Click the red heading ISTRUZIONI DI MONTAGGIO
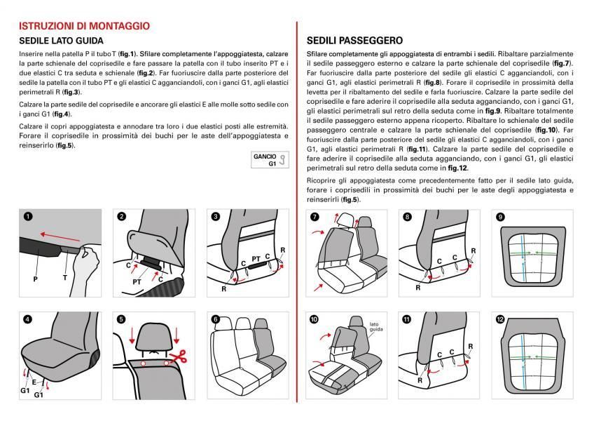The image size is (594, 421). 84,26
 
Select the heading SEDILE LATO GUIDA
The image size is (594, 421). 61,41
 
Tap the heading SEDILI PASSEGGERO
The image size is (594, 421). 354,41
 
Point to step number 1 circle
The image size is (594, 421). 28,217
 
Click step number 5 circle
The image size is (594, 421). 121,319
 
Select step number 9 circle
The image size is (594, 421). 500,218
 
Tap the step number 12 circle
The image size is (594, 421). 500,319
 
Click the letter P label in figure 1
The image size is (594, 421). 34,279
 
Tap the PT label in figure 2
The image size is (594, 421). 137,281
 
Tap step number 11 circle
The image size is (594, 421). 406,319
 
